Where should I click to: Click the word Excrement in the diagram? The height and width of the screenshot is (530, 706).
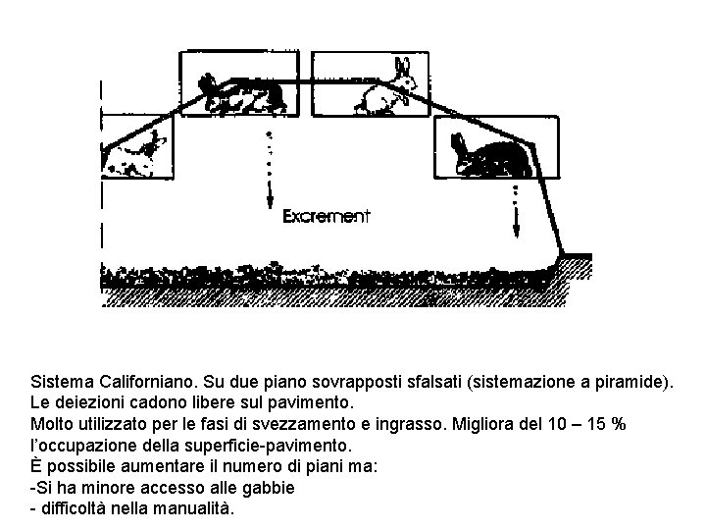(326, 217)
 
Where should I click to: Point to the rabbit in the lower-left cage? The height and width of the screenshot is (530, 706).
(137, 152)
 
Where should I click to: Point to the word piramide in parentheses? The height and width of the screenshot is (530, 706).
(627, 381)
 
